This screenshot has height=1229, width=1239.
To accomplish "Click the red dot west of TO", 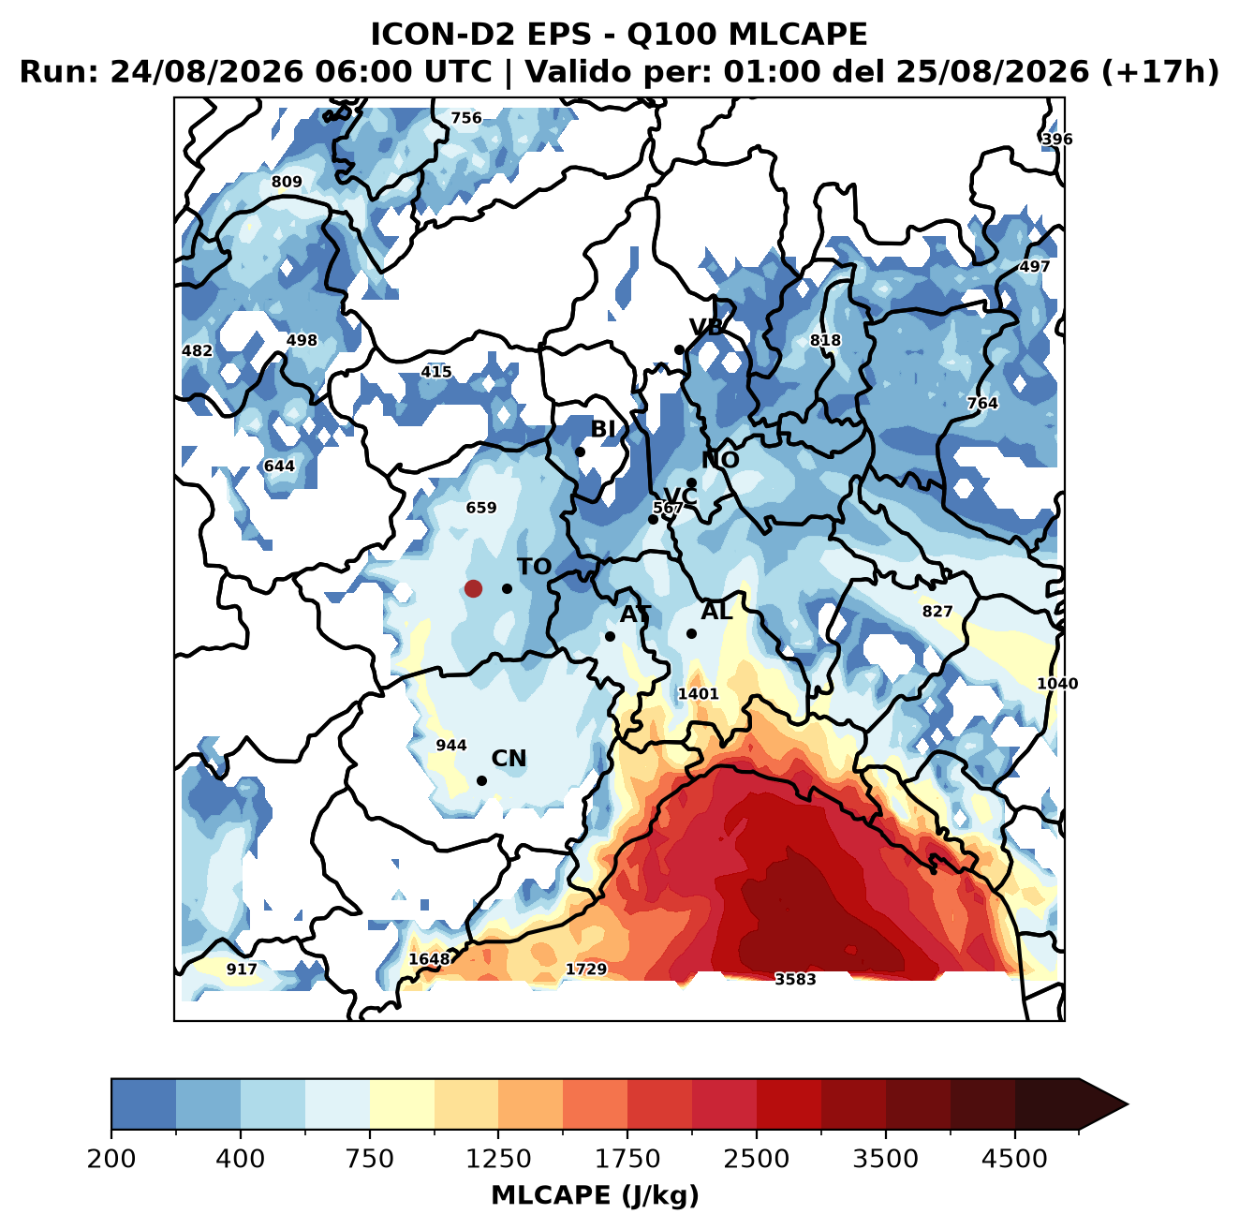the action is pos(473,588).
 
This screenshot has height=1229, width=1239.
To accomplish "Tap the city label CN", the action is pos(509,759).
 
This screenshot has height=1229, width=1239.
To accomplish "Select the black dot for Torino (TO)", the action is pos(507,588).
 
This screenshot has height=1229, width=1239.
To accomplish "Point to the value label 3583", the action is pos(795,979).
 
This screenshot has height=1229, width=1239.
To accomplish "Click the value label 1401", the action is pos(699,694).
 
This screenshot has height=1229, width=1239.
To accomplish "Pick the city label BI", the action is pos(603,429).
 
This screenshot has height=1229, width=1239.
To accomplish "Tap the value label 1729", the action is pos(585,969).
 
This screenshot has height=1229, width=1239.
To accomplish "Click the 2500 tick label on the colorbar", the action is pos(756,1158).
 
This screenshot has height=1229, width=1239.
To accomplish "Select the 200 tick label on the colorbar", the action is pos(111,1158).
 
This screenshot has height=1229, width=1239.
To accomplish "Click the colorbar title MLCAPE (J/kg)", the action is pos(595,1195).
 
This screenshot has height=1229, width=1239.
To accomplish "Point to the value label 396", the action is pos(1057,139).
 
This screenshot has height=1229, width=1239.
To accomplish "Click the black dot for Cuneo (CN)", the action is pos(481,780).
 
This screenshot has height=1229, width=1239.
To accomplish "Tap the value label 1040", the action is pos(1057,684).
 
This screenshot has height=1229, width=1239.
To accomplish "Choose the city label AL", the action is pos(716,611).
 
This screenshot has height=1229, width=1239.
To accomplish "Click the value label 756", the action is pos(466,118).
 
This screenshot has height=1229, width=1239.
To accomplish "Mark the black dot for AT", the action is pos(611,636).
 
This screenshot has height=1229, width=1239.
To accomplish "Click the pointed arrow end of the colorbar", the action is pos(1128,1104).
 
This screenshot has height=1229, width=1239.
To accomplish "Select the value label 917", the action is pos(242,969).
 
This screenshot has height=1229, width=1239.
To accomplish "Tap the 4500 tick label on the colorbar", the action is pos(1014,1158).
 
